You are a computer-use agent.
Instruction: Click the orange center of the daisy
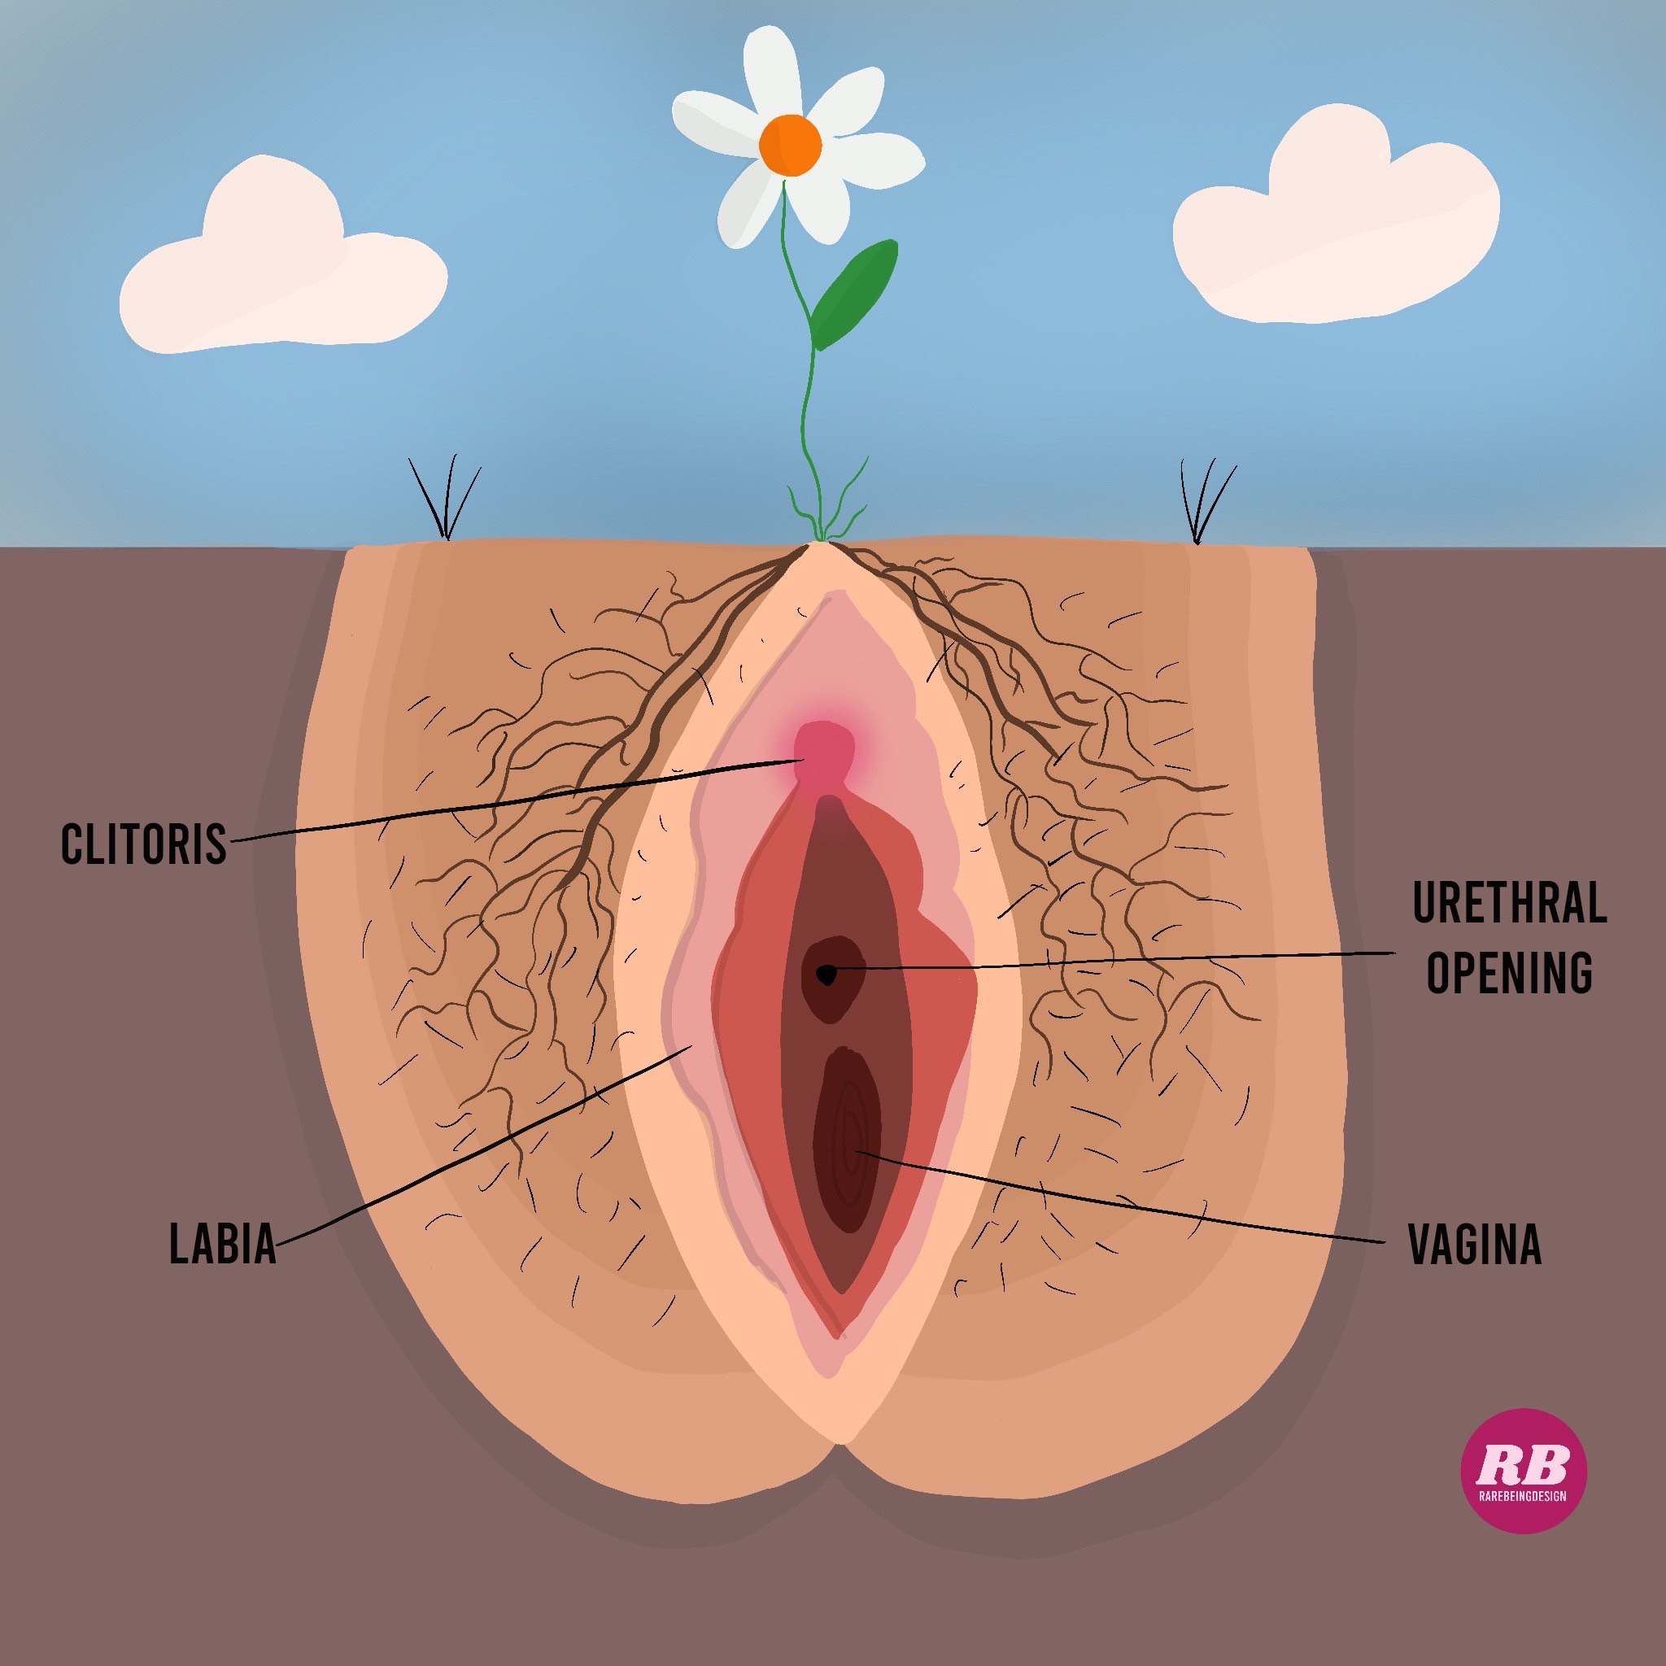click(x=790, y=146)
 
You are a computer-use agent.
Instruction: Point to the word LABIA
click(x=222, y=1245)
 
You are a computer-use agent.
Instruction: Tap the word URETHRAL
click(x=1509, y=903)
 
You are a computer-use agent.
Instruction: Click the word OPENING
click(x=1509, y=974)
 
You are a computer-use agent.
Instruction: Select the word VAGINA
click(x=1475, y=1245)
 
